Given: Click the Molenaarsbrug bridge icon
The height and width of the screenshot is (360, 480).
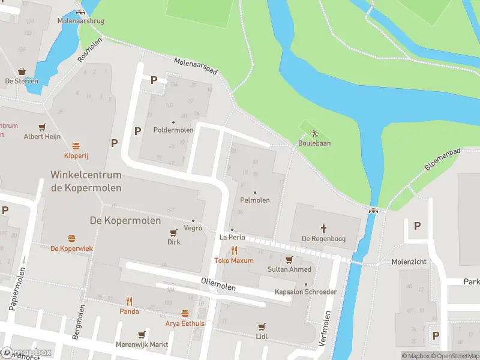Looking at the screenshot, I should coord(81,13).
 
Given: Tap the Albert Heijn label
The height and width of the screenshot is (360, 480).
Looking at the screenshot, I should coord(42,136).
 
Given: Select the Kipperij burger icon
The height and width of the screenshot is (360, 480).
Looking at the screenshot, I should coord(76,146).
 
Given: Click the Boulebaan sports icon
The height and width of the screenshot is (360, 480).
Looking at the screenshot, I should coord(314,134).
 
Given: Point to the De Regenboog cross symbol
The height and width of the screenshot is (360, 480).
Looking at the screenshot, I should coord(323,228).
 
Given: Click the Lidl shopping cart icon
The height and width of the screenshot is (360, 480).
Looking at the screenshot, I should coord(261,327).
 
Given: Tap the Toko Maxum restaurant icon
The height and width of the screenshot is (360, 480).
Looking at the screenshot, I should coord(234,251).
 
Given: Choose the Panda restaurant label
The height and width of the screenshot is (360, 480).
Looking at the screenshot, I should coord(129,311).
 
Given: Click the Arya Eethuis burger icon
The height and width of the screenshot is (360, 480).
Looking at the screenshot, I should coord(185,313).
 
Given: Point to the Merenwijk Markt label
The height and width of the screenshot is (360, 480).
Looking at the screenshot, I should coord(142,345).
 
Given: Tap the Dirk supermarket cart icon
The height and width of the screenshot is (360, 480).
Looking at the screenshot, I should coord(174,232).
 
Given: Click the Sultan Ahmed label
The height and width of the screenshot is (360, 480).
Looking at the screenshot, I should coord(289,269).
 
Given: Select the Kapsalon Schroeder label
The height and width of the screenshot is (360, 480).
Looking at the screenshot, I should coord(305,292).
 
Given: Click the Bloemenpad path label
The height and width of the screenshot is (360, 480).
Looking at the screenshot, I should coord(443,160).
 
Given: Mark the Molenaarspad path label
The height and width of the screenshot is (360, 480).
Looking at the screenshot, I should coord(196,67).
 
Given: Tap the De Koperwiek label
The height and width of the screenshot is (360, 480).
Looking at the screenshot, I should coord(71,248).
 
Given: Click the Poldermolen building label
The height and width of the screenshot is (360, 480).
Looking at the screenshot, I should coord(173,130).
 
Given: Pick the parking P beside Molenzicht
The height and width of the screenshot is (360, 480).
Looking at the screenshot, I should coord(417,226).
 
